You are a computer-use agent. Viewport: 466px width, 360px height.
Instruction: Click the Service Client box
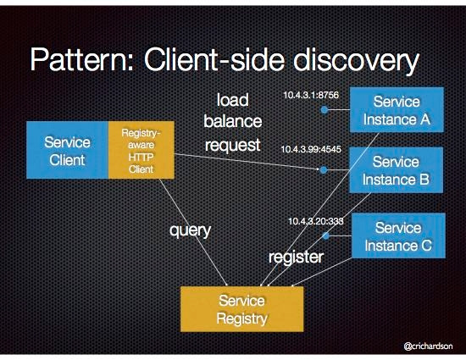click(x=67, y=150)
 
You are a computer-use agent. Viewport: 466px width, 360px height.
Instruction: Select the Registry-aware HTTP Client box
click(x=141, y=150)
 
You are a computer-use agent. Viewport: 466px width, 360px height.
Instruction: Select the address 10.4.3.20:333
click(x=316, y=220)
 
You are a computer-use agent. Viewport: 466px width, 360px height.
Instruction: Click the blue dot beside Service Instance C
click(x=325, y=236)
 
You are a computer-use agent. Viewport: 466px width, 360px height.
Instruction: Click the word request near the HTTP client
click(x=232, y=145)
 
